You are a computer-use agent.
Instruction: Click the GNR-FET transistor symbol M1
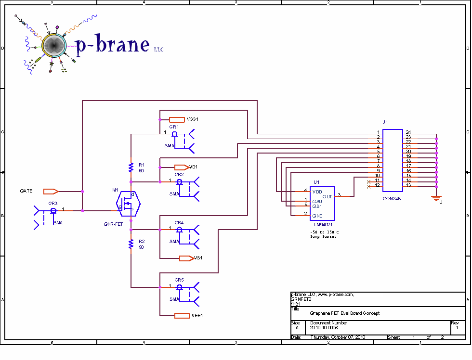(129, 204)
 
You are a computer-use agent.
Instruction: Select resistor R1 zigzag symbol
(131, 167)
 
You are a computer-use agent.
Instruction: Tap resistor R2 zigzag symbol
(131, 244)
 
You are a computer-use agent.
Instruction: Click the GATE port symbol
(51, 191)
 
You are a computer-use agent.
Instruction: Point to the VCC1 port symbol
(177, 119)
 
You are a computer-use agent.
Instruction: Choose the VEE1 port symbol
(182, 316)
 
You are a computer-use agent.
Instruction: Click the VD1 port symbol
(182, 167)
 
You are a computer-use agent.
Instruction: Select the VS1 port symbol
(186, 258)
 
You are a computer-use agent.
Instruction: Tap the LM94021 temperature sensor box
(322, 204)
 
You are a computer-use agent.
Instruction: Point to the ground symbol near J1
(436, 197)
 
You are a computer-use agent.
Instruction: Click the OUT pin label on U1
(327, 196)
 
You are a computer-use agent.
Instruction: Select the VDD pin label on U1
(317, 191)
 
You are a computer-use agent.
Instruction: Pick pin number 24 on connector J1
(408, 132)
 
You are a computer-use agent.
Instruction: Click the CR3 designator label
(53, 204)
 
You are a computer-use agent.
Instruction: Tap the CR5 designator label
(179, 280)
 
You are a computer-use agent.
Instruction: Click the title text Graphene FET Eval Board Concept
(344, 313)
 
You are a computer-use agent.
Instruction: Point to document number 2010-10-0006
(325, 328)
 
